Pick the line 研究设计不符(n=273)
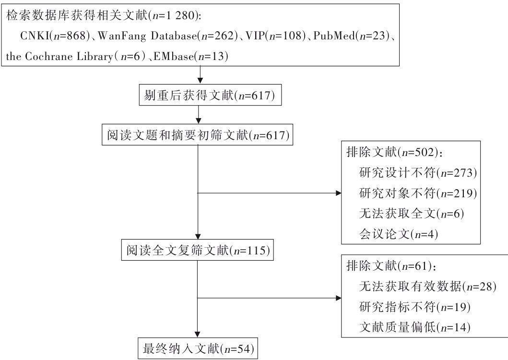419,172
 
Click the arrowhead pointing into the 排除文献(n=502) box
338,193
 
